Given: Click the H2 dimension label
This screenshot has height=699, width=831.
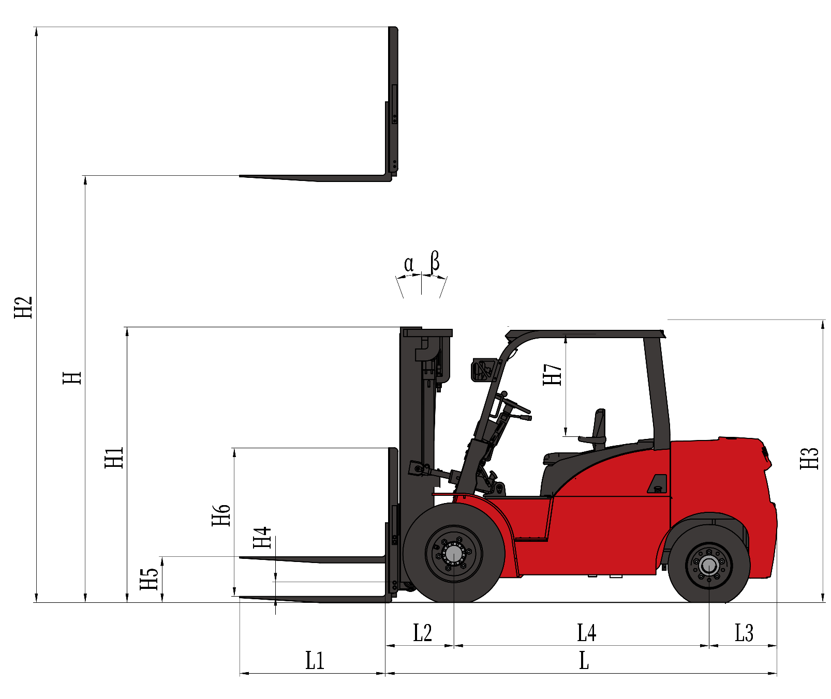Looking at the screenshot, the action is click(x=23, y=308).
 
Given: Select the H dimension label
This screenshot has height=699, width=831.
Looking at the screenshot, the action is click(x=72, y=377).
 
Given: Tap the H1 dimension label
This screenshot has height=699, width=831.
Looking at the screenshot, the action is click(x=114, y=458).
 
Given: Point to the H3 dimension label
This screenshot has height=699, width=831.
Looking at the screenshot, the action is click(x=809, y=459).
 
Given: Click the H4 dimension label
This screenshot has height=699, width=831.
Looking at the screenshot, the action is click(x=262, y=537).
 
